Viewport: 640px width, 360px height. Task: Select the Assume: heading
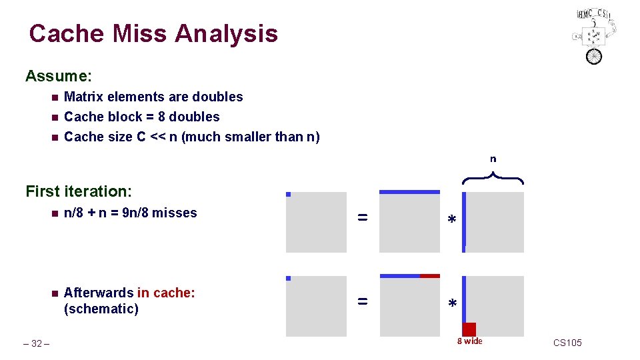tap(58, 76)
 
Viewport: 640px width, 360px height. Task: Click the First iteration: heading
tap(79, 191)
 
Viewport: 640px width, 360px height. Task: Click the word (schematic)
tap(101, 309)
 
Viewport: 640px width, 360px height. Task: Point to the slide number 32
tap(37, 343)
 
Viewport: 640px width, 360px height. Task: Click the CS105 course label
tap(567, 343)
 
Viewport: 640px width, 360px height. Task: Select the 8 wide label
tap(469, 341)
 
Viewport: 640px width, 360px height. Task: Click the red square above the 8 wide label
tap(469, 329)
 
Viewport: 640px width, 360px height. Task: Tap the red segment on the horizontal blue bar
tap(430, 275)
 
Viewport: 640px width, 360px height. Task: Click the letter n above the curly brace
tap(493, 159)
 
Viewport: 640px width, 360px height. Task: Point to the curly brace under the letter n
tap(493, 177)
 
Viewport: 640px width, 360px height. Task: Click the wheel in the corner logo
tap(593, 56)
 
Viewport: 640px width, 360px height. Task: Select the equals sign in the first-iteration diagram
tap(362, 217)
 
